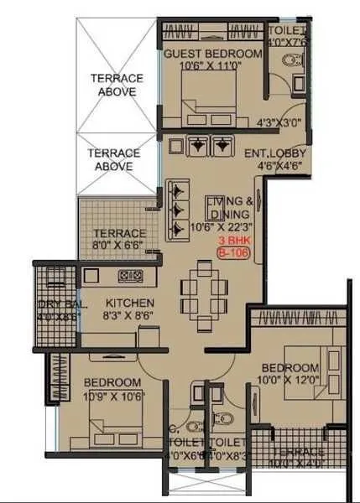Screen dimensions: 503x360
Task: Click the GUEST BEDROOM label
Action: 212,54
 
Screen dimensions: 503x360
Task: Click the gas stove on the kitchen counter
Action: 129,275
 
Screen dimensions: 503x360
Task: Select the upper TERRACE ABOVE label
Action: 117,85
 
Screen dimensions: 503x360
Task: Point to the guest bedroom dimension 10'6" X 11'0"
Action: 212,66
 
